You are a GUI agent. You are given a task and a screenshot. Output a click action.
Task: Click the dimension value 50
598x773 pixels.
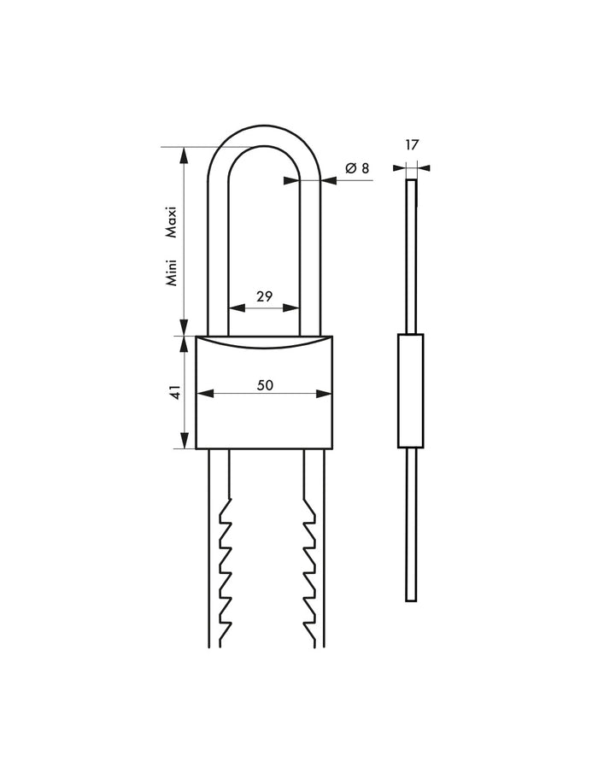click(x=265, y=385)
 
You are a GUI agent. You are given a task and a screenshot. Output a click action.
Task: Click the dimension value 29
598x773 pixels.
click(x=264, y=296)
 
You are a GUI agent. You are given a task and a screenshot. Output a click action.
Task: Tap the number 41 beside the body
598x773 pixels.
click(x=175, y=393)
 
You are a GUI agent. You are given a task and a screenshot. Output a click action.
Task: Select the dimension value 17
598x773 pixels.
click(x=412, y=145)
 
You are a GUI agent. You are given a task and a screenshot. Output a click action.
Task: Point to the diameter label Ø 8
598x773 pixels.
click(x=357, y=168)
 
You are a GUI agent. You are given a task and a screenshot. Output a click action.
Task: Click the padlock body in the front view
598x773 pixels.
click(x=264, y=419)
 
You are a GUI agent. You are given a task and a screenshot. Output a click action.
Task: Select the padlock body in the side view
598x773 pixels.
click(x=411, y=391)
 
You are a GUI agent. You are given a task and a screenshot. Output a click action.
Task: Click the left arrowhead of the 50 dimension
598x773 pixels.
click(x=203, y=394)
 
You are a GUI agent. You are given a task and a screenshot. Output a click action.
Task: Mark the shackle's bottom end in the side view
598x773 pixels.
click(x=411, y=600)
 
